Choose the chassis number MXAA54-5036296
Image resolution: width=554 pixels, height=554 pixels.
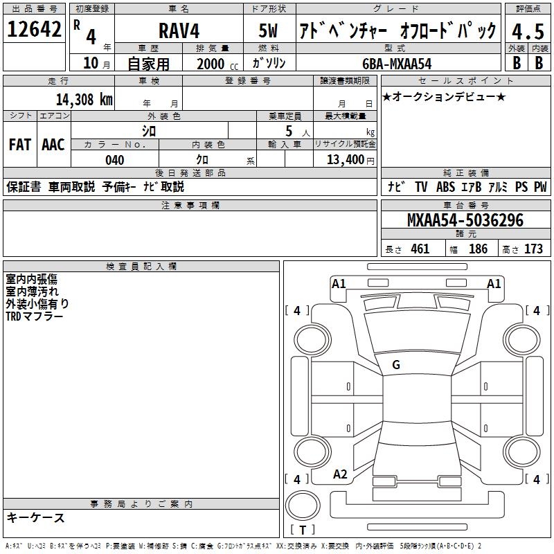[465, 221]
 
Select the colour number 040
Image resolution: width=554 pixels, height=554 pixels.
[114, 160]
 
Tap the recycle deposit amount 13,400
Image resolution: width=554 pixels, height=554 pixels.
[344, 160]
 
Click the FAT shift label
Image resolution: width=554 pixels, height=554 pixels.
[19, 145]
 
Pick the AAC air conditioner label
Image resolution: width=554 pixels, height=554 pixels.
[53, 145]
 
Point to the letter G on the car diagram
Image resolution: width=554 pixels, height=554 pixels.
[395, 365]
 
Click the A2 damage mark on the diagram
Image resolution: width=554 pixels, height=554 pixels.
[340, 474]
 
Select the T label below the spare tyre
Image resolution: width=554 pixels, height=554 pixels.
[303, 530]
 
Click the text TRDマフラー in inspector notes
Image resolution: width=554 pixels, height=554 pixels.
[35, 316]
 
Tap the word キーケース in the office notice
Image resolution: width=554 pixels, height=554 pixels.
[36, 517]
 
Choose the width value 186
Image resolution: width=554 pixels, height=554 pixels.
[478, 249]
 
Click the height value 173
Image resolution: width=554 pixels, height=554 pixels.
[533, 249]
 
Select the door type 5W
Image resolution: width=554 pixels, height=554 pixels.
[269, 31]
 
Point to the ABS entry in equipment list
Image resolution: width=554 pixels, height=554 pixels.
[445, 187]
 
